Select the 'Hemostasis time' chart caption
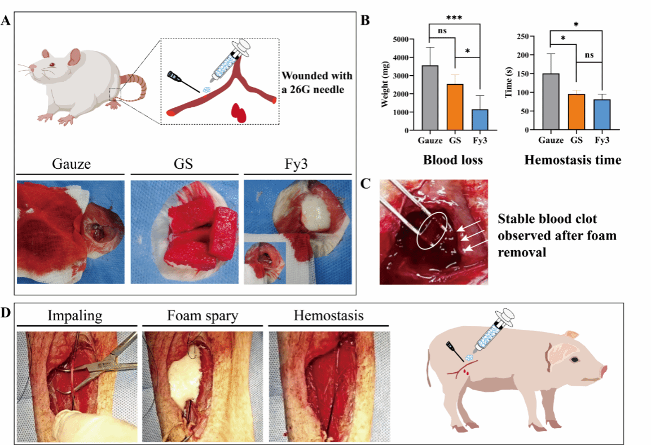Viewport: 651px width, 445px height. tap(573, 160)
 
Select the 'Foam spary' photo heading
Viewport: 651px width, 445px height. tap(201, 316)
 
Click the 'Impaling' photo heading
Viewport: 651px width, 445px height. tap(76, 316)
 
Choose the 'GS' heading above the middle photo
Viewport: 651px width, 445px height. tap(183, 164)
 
